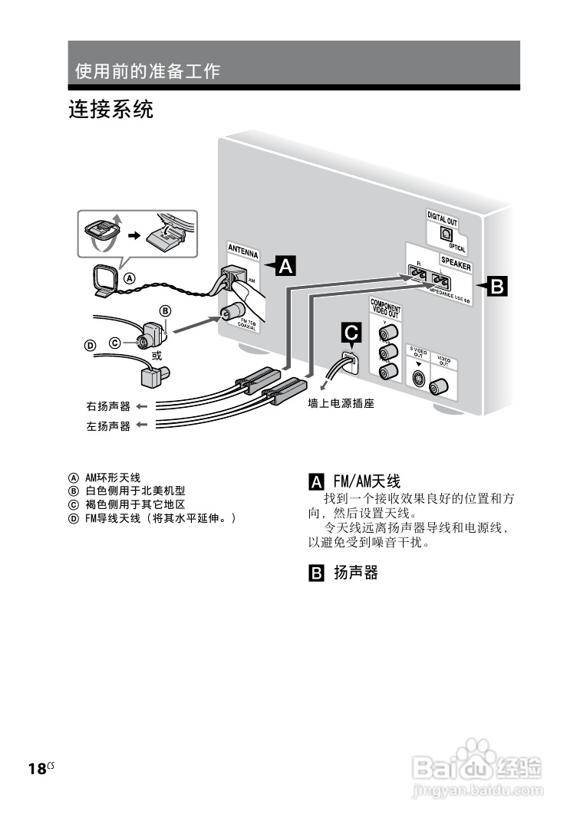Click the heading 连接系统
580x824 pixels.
pyautogui.click(x=111, y=110)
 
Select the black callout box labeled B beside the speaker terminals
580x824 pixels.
pyautogui.click(x=496, y=287)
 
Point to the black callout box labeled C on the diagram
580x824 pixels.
pyautogui.click(x=351, y=333)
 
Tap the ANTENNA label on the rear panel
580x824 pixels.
pyautogui.click(x=243, y=251)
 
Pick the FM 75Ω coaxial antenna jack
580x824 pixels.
pyautogui.click(x=229, y=313)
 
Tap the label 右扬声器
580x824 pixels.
pyautogui.click(x=108, y=405)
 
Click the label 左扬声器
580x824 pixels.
pyautogui.click(x=108, y=425)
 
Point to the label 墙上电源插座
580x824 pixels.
pyautogui.click(x=341, y=402)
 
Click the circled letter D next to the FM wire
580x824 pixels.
pyautogui.click(x=90, y=346)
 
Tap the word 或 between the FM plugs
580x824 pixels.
pyautogui.click(x=157, y=356)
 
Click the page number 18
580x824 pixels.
pyautogui.click(x=36, y=770)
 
